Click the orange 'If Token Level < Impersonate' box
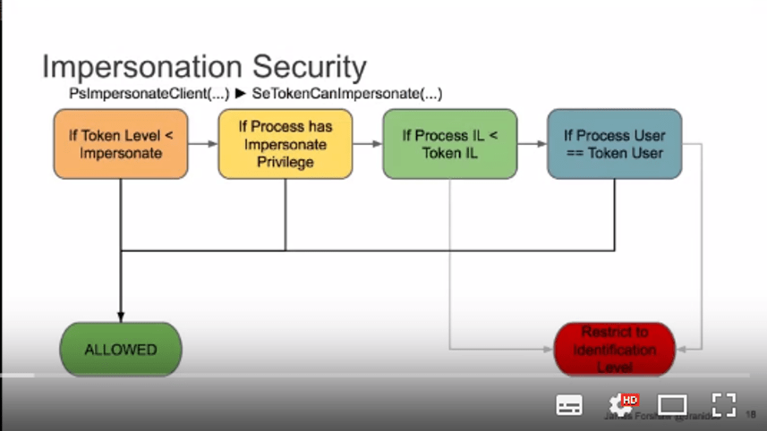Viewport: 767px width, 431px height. pyautogui.click(x=121, y=144)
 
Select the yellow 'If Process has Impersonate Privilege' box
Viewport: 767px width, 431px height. pyautogui.click(x=285, y=144)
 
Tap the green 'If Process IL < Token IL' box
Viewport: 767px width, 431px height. pyautogui.click(x=450, y=144)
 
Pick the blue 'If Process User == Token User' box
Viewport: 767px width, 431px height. pyautogui.click(x=614, y=144)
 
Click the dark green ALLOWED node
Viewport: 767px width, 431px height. pyautogui.click(x=121, y=349)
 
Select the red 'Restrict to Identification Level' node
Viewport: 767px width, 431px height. pyautogui.click(x=614, y=349)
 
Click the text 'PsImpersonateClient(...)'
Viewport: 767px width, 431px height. pyautogui.click(x=149, y=93)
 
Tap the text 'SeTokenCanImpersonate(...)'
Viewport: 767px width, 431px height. pyautogui.click(x=347, y=93)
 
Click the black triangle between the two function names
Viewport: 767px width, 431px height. pyautogui.click(x=240, y=93)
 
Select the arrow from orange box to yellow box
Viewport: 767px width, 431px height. pyautogui.click(x=204, y=144)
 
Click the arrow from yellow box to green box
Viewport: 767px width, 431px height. pyautogui.click(x=368, y=144)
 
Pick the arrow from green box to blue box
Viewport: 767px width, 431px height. pyautogui.click(x=533, y=144)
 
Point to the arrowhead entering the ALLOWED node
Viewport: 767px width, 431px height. pyautogui.click(x=121, y=317)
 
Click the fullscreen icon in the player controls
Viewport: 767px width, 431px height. pyautogui.click(x=723, y=404)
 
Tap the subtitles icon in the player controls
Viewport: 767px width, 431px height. pyautogui.click(x=569, y=405)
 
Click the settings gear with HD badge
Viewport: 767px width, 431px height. pyautogui.click(x=621, y=405)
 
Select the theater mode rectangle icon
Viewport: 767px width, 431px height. pyautogui.click(x=672, y=405)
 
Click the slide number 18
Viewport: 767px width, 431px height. pyautogui.click(x=751, y=415)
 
